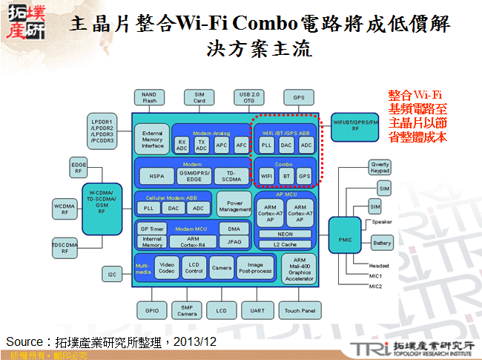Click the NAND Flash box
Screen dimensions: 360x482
[x=149, y=97]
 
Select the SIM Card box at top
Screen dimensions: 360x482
[x=199, y=97]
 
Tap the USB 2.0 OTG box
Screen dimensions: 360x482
[x=248, y=97]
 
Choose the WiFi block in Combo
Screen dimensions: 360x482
[x=267, y=176]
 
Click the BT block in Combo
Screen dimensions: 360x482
[x=286, y=176]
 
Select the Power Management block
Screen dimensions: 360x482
[x=234, y=206]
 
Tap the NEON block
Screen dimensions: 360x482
[x=285, y=233]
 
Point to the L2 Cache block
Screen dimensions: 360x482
[x=285, y=243]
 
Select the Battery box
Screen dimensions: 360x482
[x=382, y=243]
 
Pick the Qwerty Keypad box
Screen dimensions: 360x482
[x=380, y=167]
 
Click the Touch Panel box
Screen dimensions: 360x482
[x=300, y=310]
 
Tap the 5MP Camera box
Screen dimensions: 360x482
[x=188, y=310]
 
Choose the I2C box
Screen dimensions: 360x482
[x=112, y=275]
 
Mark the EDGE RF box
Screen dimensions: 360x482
[x=79, y=167]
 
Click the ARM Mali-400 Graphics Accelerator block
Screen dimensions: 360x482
[x=300, y=269]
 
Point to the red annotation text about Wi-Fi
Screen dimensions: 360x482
[x=417, y=116]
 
